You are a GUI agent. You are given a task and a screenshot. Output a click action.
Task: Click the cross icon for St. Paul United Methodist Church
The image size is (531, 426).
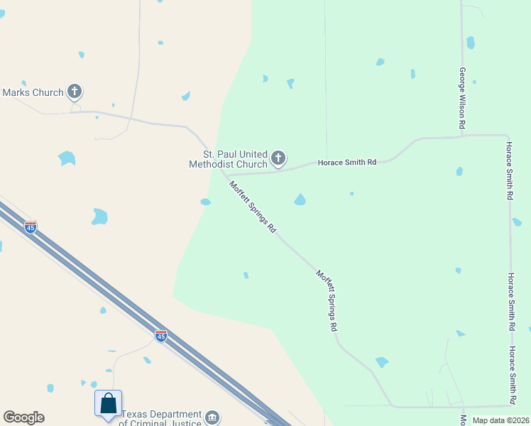278,158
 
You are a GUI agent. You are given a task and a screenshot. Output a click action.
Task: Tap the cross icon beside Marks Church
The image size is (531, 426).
75,92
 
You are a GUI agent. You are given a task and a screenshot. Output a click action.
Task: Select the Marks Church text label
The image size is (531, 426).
33,92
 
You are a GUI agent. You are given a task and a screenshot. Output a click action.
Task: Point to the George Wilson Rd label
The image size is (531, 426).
462,98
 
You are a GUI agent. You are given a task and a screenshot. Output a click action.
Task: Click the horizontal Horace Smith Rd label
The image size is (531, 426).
346,163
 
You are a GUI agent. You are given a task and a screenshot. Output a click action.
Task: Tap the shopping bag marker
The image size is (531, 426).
108,403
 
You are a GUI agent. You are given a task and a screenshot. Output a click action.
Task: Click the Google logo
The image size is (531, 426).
23,417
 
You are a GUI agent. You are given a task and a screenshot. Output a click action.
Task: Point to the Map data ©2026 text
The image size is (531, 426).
500,420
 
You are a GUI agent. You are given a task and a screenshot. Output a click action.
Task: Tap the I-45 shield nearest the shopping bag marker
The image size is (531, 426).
161,335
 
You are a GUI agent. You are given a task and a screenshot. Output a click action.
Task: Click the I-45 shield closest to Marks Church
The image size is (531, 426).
31,227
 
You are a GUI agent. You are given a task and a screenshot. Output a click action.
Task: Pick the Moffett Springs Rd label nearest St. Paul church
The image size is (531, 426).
252,207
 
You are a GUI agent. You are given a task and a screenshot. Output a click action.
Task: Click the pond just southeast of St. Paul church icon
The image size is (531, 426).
300,200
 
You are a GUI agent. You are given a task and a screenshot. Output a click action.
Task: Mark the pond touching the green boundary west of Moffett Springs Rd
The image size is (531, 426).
205,202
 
